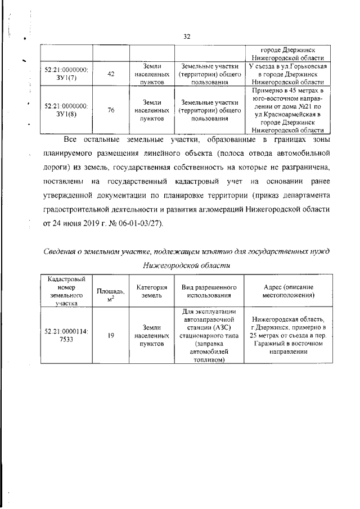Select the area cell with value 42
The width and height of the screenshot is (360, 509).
(x=111, y=74)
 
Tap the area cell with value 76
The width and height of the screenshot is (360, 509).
(x=111, y=110)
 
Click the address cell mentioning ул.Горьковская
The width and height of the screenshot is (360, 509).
(x=288, y=74)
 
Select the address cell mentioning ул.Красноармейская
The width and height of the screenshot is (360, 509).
(x=288, y=110)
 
